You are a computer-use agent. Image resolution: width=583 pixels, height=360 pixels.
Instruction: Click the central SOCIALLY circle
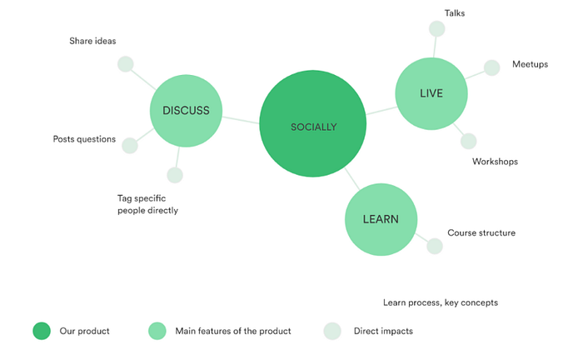[313, 125]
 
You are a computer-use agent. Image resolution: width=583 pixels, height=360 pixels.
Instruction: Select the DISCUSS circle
[186, 110]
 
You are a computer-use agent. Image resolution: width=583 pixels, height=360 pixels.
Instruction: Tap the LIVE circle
[431, 93]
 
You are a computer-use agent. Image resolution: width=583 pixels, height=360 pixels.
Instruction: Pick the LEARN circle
[381, 220]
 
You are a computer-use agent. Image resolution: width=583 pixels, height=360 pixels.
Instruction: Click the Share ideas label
[92, 40]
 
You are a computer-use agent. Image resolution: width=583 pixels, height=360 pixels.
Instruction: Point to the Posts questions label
[84, 139]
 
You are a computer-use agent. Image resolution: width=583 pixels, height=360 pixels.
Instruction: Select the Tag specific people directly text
[147, 204]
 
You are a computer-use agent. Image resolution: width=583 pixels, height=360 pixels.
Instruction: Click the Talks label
[455, 12]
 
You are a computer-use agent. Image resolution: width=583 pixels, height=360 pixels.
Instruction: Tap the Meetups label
[530, 64]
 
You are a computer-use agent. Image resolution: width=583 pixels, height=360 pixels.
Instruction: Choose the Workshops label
[495, 162]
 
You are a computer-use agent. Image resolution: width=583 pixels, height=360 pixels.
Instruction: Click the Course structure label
[481, 233]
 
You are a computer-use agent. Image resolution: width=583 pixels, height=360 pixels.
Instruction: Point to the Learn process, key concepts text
[440, 302]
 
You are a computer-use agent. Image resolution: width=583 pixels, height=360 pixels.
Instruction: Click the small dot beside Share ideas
[126, 64]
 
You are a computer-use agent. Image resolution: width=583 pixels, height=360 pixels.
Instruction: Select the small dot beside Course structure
[435, 246]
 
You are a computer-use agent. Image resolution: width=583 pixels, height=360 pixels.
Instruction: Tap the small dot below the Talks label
[436, 29]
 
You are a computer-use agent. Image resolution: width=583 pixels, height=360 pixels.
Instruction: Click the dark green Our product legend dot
[42, 331]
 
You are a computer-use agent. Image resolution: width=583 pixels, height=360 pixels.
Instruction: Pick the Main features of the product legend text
[232, 331]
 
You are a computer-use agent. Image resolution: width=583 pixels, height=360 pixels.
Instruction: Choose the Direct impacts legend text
[383, 331]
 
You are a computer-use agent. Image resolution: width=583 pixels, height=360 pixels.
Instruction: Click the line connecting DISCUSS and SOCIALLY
[242, 119]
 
